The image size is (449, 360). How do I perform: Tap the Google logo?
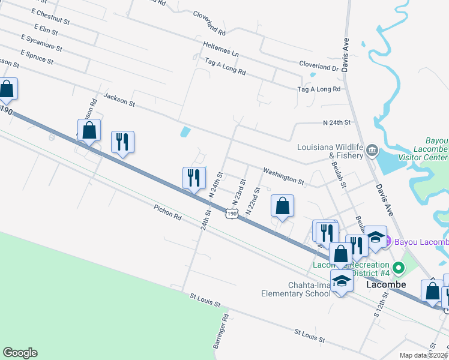[x=20, y=353]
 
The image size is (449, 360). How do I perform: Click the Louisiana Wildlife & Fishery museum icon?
[x=372, y=149]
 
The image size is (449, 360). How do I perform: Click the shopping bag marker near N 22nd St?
[x=282, y=206]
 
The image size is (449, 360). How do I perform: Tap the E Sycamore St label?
[x=41, y=42]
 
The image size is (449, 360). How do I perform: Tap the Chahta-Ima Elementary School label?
[x=295, y=289]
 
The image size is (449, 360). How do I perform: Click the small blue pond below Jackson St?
[x=185, y=131]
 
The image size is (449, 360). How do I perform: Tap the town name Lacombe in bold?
[x=386, y=284]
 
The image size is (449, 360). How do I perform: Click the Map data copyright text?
[x=423, y=355]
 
